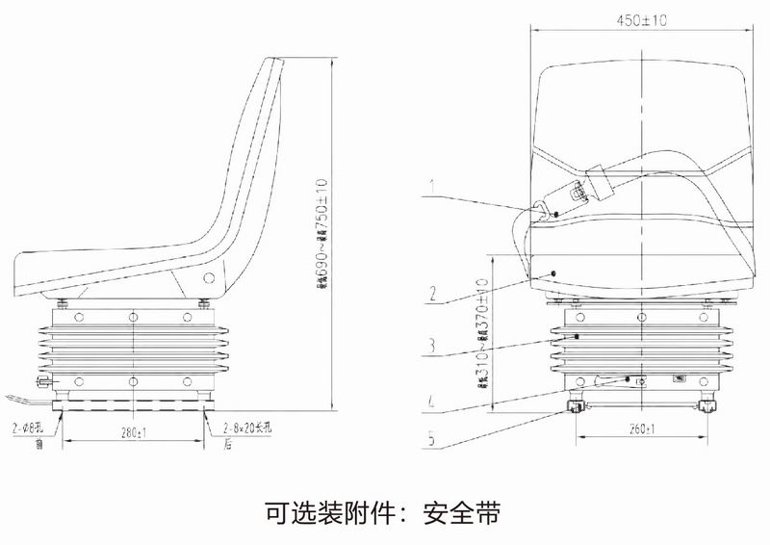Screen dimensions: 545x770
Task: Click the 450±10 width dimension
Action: point(641,19)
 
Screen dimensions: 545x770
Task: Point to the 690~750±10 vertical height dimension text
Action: point(322,234)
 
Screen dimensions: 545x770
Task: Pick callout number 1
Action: point(433,182)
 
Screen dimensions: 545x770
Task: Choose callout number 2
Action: point(435,294)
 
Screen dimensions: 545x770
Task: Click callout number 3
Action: point(434,343)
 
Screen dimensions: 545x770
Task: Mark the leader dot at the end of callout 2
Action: point(553,274)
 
